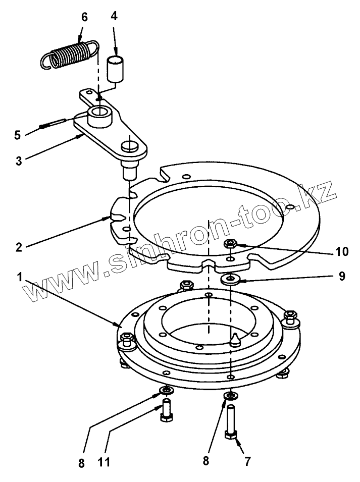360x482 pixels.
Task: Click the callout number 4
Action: pyautogui.click(x=114, y=16)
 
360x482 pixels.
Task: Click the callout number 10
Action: pyautogui.click(x=328, y=251)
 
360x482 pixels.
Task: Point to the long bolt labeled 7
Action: pyautogui.click(x=231, y=421)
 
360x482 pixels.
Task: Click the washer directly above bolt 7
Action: pyautogui.click(x=231, y=395)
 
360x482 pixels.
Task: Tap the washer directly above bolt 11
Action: pyautogui.click(x=166, y=390)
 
